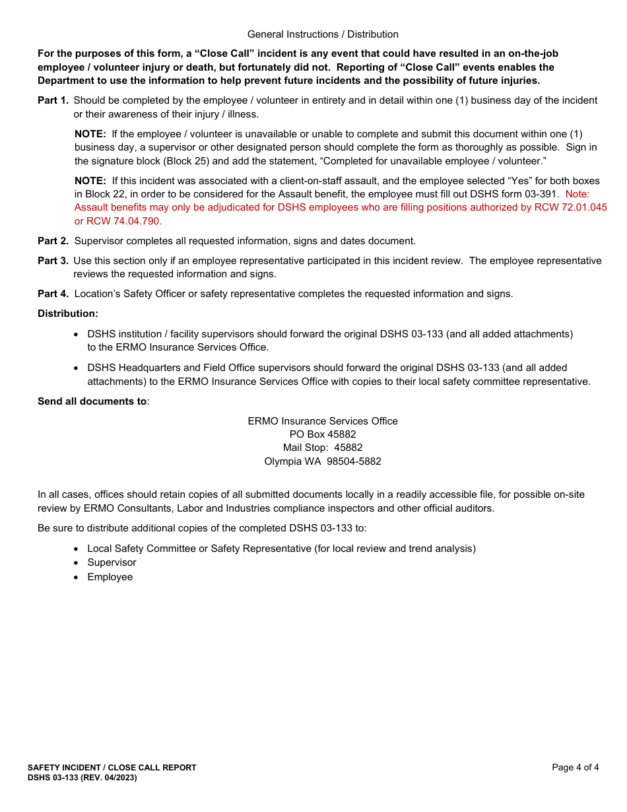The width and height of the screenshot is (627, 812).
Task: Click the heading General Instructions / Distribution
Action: (x=323, y=34)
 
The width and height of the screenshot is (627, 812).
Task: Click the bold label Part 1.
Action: (x=53, y=100)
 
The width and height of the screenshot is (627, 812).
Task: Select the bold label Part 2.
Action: (x=53, y=241)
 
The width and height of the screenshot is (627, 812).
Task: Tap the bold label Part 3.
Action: (x=53, y=261)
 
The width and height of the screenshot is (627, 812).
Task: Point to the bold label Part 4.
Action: (x=53, y=294)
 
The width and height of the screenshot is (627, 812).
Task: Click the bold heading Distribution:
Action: (x=68, y=314)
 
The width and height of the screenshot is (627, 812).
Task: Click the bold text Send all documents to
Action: (x=92, y=401)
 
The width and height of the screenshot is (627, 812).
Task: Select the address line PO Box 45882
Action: (x=323, y=434)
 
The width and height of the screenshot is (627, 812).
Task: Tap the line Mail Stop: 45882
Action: (x=323, y=448)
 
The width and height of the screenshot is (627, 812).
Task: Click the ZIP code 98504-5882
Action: (x=354, y=461)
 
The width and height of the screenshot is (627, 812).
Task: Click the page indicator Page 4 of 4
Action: (x=576, y=767)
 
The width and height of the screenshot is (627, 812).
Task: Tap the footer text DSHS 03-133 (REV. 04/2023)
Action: (x=82, y=778)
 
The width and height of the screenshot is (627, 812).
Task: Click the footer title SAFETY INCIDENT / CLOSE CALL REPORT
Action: (x=112, y=768)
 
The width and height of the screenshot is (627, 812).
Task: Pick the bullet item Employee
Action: (x=110, y=577)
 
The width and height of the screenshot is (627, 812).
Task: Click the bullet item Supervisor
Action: (x=112, y=562)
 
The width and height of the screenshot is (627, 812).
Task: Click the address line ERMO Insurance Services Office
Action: (x=323, y=421)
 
